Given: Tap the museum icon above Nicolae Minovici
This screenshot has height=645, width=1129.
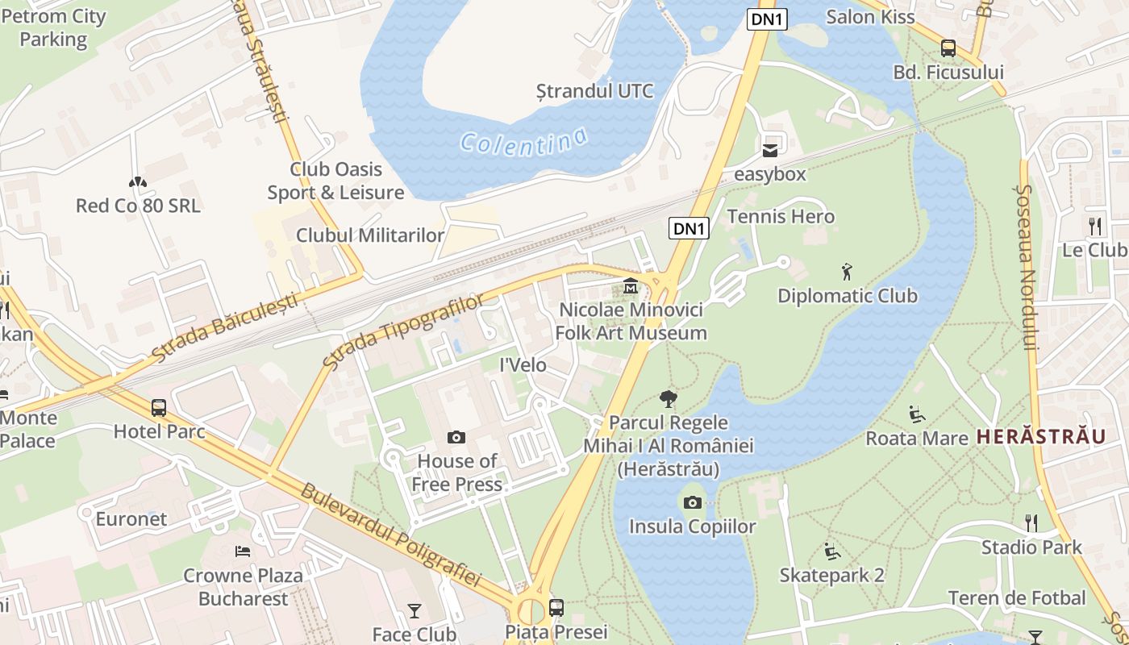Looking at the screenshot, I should [x=631, y=286].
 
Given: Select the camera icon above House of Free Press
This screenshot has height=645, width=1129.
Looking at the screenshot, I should [x=456, y=438].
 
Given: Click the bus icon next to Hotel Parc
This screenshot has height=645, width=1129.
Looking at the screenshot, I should [x=159, y=408].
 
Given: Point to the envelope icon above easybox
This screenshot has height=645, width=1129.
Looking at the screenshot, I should [x=770, y=150].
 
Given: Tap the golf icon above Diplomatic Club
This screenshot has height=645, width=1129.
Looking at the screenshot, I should [x=846, y=272].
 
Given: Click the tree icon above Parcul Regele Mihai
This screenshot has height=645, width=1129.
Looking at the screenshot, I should [x=668, y=398].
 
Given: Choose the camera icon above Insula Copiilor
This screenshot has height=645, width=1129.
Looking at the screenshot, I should [x=692, y=503].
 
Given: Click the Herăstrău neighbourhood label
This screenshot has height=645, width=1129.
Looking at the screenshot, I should [x=1040, y=437].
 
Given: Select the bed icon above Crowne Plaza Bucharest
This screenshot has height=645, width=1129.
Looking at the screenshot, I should [x=242, y=551].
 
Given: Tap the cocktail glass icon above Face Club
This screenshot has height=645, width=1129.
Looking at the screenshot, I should [x=414, y=611].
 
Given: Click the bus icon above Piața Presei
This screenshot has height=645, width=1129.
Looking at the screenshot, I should [x=556, y=607].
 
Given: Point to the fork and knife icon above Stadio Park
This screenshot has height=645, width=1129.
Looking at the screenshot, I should [x=1031, y=523].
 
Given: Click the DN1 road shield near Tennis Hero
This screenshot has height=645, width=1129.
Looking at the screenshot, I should [x=689, y=229].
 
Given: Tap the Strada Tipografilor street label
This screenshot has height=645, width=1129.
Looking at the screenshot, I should [x=403, y=331].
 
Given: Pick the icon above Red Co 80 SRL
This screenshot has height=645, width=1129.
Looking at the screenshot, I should [x=138, y=182].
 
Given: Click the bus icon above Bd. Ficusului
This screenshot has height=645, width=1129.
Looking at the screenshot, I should [x=948, y=48].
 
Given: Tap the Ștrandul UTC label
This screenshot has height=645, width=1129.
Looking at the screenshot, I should [x=595, y=90].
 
